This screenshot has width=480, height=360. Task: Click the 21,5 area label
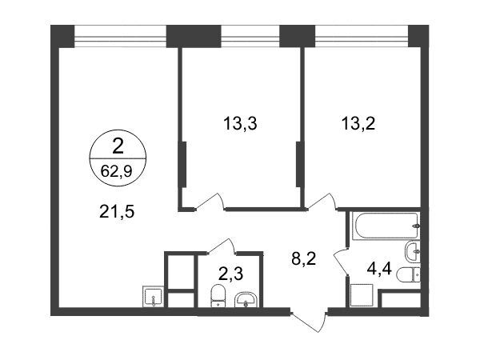pos(117,211)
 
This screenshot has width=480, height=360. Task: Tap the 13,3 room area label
pos(240,124)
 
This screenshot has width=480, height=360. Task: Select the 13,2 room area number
pos(358,124)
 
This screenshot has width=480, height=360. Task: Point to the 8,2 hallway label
pos(304,258)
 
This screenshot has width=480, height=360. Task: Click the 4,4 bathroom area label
pos(379,269)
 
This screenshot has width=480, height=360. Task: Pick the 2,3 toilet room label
pos(231,274)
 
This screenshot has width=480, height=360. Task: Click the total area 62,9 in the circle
pos(117,171)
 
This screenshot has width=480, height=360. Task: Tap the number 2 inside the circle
pos(118,146)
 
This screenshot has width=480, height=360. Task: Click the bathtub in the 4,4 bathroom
pos(386,226)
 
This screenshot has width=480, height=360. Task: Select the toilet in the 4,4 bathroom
pos(408,274)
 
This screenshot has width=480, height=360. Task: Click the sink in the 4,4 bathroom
pos(412,251)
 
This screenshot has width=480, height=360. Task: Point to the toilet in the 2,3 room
pos(218,295)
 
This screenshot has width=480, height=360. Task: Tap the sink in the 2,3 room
pos(246,299)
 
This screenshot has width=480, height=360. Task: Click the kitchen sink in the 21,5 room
pos(153,296)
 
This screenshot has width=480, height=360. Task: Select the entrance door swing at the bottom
pos(308,322)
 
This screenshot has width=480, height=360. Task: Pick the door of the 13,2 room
pos(322,201)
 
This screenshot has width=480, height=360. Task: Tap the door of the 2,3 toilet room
pos(222,246)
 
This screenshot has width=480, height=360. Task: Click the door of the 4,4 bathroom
pos(341,260)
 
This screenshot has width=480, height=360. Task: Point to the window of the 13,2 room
pos(362,37)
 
